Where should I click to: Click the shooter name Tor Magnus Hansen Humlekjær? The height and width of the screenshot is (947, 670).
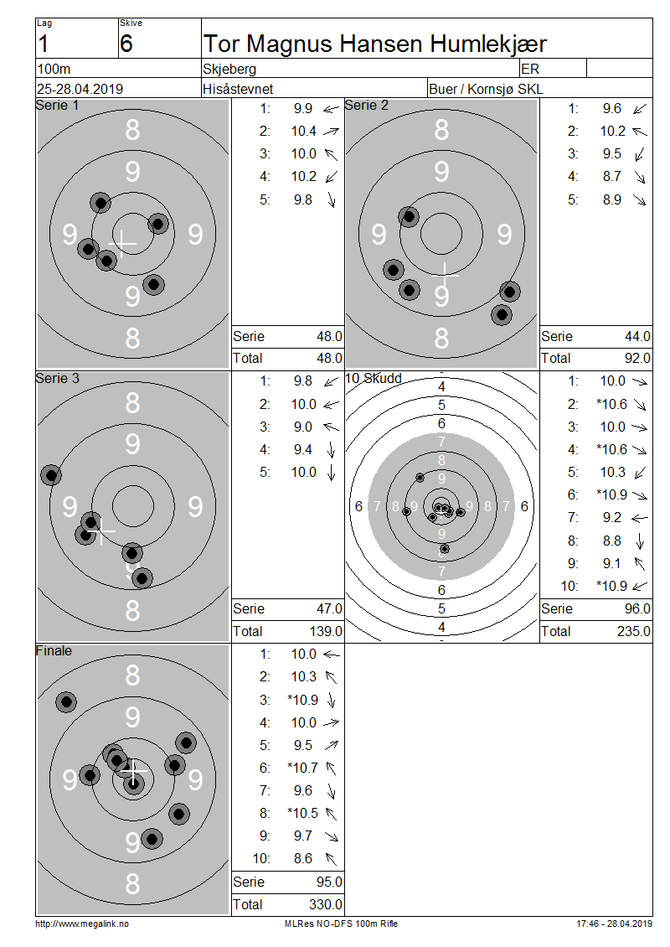tap(375, 44)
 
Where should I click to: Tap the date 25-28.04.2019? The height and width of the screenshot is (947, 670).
tap(80, 89)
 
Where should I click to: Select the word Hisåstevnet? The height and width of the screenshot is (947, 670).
tap(238, 89)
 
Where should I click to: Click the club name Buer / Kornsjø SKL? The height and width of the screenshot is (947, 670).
tap(486, 89)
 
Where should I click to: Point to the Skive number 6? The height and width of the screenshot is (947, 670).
tap(126, 44)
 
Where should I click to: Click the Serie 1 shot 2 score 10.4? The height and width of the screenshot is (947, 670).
tap(304, 131)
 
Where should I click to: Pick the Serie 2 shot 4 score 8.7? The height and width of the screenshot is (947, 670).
tap(612, 176)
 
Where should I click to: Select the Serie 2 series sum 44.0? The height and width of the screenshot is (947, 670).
tap(637, 336)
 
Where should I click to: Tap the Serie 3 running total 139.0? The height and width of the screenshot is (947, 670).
tap(326, 631)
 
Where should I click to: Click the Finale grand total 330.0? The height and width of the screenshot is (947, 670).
tap(326, 904)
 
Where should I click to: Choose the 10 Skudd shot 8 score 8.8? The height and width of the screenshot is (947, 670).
tap(612, 541)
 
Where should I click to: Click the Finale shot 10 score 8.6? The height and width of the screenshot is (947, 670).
tap(303, 858)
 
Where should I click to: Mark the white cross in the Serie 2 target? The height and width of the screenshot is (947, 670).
tap(446, 275)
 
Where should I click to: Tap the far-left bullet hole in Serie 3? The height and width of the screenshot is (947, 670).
tap(51, 475)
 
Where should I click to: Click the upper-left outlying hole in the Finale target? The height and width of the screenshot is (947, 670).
tap(66, 701)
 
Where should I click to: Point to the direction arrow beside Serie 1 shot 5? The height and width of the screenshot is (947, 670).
tap(332, 199)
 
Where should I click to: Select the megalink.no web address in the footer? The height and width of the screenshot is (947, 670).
tap(82, 924)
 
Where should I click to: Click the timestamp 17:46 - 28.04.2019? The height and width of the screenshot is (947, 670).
tap(614, 924)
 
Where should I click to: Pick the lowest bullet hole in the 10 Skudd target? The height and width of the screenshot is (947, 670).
tap(444, 549)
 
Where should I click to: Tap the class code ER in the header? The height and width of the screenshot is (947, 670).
tap(530, 69)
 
